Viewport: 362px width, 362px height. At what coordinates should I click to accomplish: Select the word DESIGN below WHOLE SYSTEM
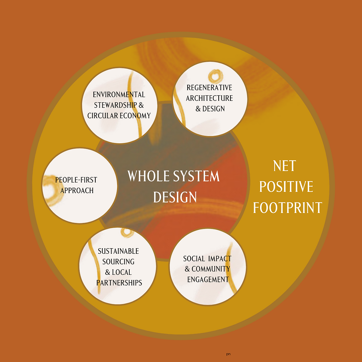[175, 197]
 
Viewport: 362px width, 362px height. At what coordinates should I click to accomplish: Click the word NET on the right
[284, 166]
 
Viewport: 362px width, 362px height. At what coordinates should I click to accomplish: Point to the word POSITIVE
[286, 187]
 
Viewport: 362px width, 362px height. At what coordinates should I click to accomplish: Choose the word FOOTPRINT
[287, 208]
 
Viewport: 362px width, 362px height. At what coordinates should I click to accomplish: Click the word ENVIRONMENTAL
[119, 95]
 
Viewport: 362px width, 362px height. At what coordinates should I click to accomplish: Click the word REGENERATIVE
[209, 88]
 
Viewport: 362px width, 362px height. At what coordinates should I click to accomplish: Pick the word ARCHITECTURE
[209, 98]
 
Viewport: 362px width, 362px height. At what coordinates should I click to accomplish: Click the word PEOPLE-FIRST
[76, 180]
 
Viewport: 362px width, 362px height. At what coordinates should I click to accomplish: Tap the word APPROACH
[77, 191]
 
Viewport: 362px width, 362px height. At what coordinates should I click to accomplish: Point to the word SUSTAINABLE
[118, 251]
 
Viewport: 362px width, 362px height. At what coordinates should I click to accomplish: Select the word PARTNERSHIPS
[119, 283]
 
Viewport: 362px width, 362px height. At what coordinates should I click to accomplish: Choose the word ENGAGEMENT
[208, 280]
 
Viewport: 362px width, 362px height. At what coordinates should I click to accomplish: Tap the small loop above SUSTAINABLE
[127, 232]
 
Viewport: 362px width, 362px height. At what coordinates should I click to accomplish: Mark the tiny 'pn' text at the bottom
[228, 354]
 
